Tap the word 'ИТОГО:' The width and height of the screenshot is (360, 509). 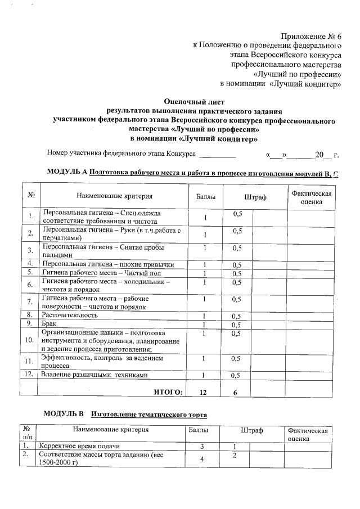[x=168, y=392]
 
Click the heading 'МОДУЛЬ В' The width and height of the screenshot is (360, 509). [x=64, y=415]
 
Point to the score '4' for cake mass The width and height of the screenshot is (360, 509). [x=205, y=459]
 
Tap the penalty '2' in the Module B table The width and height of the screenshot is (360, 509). [x=233, y=454]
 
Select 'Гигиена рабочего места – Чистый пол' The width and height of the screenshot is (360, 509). [x=90, y=272]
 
